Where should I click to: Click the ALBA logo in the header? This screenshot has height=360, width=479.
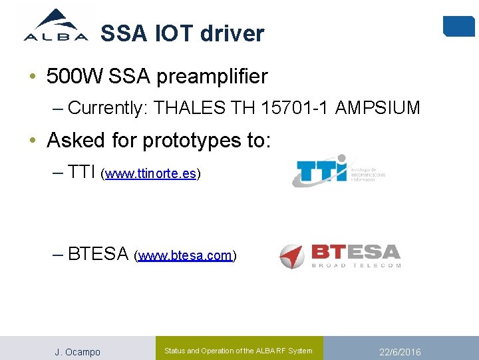[x=56, y=25]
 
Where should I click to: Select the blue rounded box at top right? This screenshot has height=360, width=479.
[x=458, y=25]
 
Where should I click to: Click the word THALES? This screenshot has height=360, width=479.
[x=189, y=108]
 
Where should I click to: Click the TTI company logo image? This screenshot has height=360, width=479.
[x=339, y=170]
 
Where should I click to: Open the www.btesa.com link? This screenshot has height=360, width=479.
[x=185, y=255]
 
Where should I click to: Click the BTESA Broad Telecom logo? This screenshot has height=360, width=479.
[x=340, y=256]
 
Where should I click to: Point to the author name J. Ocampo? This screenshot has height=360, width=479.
[x=77, y=352]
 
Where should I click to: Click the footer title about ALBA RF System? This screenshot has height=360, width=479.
[x=238, y=351]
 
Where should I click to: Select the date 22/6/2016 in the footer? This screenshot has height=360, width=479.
[x=400, y=352]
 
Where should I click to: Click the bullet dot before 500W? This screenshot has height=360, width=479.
[x=33, y=76]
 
